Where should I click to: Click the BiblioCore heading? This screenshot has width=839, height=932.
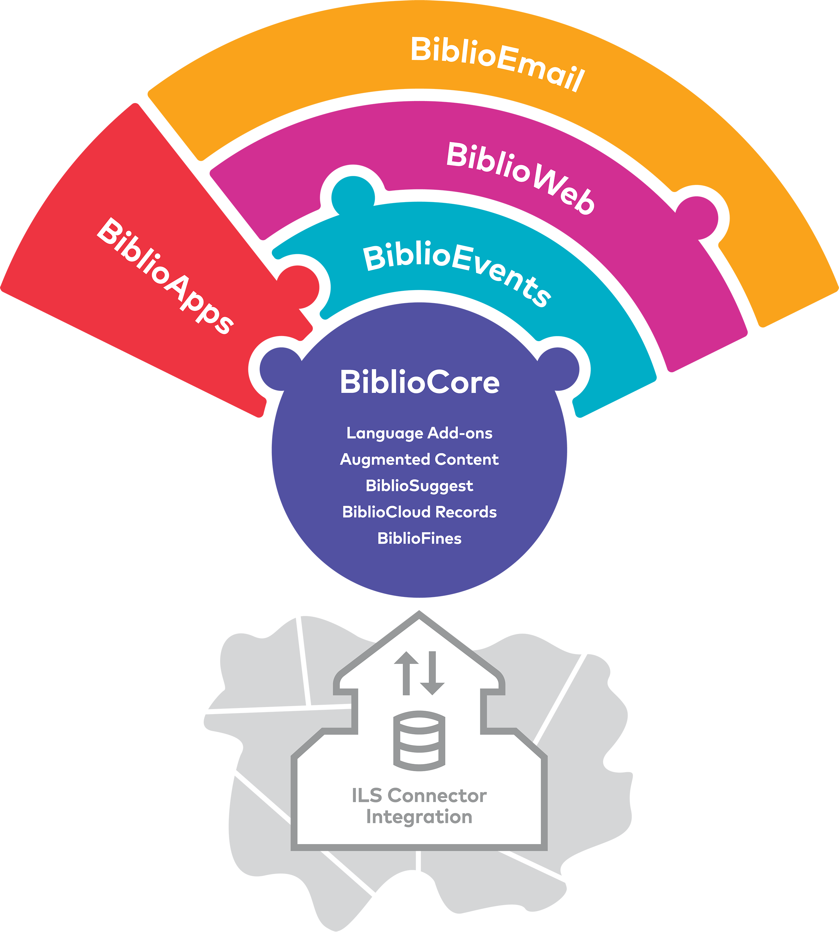point(419,382)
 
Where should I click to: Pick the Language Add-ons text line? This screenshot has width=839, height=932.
point(419,433)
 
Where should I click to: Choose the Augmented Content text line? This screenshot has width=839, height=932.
point(419,459)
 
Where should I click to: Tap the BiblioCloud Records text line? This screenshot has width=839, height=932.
point(419,512)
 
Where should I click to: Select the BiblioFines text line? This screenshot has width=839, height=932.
point(419,538)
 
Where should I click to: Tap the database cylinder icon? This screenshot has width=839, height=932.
point(419,741)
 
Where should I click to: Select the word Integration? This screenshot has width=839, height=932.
point(419,817)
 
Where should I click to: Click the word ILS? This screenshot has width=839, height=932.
point(367,795)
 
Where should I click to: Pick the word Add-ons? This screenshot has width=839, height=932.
point(460,433)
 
